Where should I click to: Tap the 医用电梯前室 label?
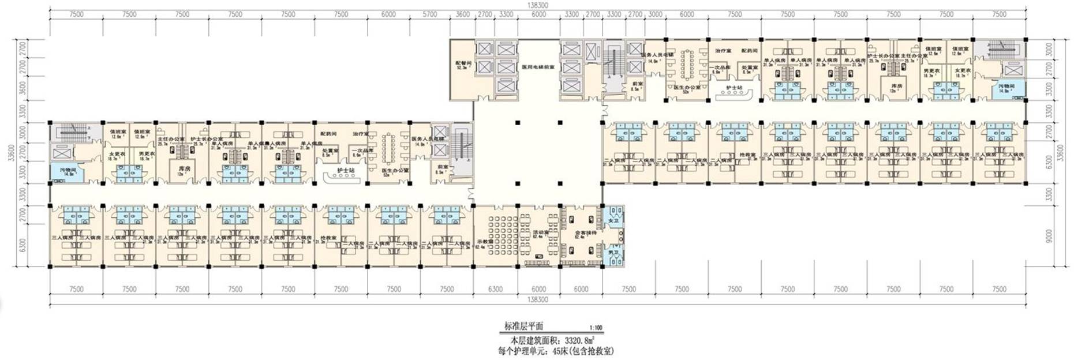[x=538, y=67]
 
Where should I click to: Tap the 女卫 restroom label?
[x=613, y=220]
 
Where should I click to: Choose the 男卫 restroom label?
[x=613, y=252]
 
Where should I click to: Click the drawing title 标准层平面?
[x=523, y=326]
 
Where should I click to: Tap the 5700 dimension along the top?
[x=430, y=14]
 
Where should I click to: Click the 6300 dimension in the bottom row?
[x=495, y=289]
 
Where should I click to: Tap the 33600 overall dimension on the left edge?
[x=12, y=153]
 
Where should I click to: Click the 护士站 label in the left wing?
[x=345, y=170]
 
